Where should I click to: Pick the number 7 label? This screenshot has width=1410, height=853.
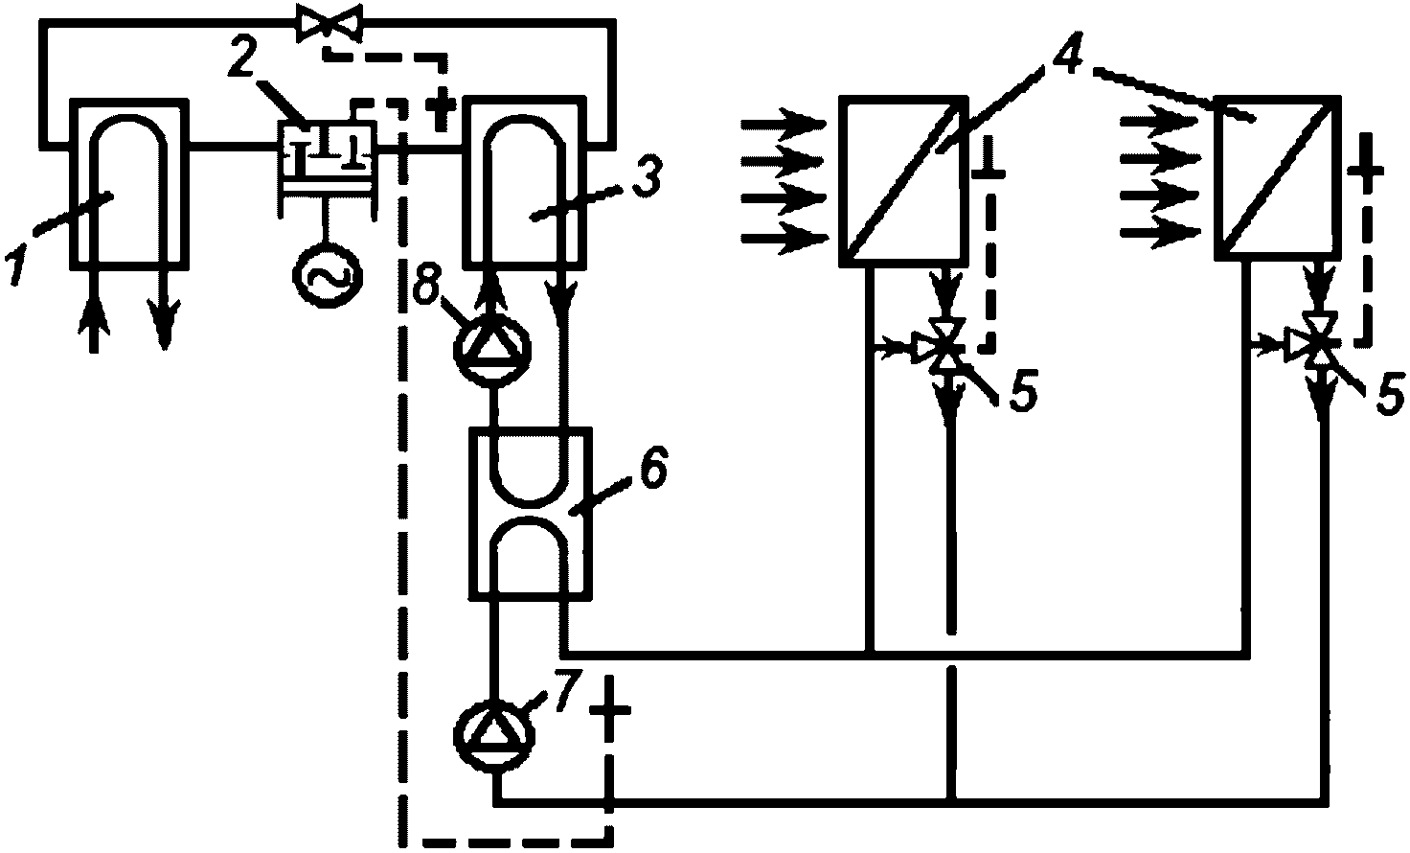pyautogui.click(x=564, y=692)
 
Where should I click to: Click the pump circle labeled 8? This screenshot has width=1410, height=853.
pyautogui.click(x=492, y=348)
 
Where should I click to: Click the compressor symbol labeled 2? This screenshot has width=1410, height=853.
pyautogui.click(x=329, y=169)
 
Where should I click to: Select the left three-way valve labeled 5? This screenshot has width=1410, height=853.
pyautogui.click(x=944, y=346)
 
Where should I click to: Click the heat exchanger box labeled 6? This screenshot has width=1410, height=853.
pyautogui.click(x=530, y=513)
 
